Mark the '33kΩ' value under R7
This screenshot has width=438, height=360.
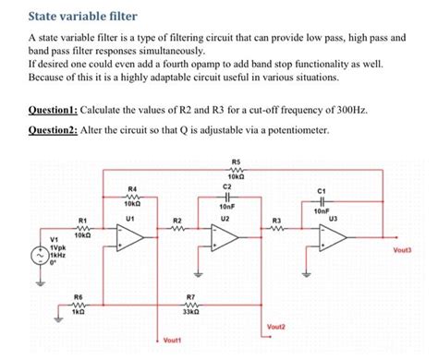[x=191, y=312]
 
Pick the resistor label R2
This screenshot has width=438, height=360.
[x=177, y=221]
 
